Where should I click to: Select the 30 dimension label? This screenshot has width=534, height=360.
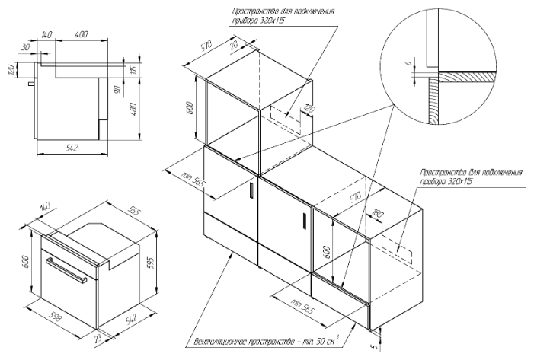pos(27,47)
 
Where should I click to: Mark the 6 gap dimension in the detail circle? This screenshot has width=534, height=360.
pos(408,65)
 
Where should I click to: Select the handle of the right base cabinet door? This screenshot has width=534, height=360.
pos(304,219)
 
